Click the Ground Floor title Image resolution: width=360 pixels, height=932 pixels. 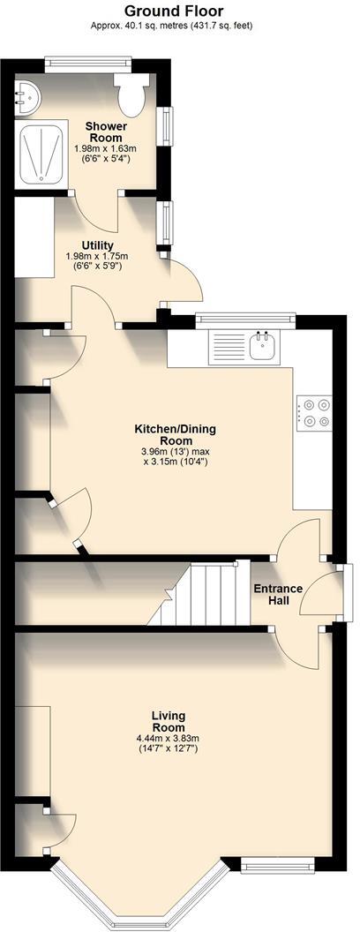point(173,11)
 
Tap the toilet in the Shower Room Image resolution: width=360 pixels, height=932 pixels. point(133,94)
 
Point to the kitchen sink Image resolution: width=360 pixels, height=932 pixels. point(264,348)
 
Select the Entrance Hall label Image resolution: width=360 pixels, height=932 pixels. point(278,595)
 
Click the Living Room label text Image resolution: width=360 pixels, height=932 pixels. point(168,721)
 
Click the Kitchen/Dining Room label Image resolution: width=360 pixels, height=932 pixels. point(175,435)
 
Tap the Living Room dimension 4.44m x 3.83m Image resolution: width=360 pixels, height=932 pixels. point(168,739)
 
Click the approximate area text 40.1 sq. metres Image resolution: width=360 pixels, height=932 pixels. point(172,26)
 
